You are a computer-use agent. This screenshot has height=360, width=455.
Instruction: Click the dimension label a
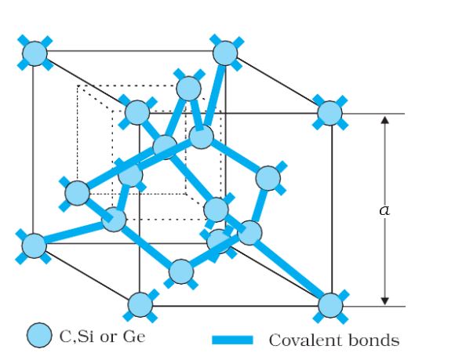[384, 210]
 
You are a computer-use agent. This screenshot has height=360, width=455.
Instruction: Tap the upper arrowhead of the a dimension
[384, 120]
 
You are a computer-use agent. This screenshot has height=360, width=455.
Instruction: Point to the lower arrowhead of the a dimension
[384, 301]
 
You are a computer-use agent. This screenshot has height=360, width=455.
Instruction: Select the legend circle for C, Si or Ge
[39, 335]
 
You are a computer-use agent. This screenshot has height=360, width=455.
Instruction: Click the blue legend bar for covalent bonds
[232, 340]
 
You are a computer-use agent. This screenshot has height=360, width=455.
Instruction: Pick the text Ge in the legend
[134, 336]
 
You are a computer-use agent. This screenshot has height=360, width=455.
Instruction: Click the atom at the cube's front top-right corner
[329, 113]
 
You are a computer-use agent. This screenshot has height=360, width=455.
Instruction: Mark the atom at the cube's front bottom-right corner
[330, 305]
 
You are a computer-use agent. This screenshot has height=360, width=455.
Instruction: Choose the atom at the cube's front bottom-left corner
[140, 304]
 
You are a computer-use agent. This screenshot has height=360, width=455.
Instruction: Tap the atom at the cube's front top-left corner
[137, 112]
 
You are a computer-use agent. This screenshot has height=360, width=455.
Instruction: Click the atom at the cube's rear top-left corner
[35, 53]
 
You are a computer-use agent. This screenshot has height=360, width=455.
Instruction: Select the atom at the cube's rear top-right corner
[225, 53]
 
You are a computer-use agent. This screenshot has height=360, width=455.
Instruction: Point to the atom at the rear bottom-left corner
[35, 245]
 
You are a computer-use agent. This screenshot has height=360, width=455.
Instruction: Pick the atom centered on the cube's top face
[188, 89]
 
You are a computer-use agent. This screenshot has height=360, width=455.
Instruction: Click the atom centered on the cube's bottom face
[181, 271]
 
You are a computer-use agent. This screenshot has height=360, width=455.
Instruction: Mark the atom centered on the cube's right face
[268, 178]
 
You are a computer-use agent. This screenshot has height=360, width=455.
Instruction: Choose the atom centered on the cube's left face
[77, 193]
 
